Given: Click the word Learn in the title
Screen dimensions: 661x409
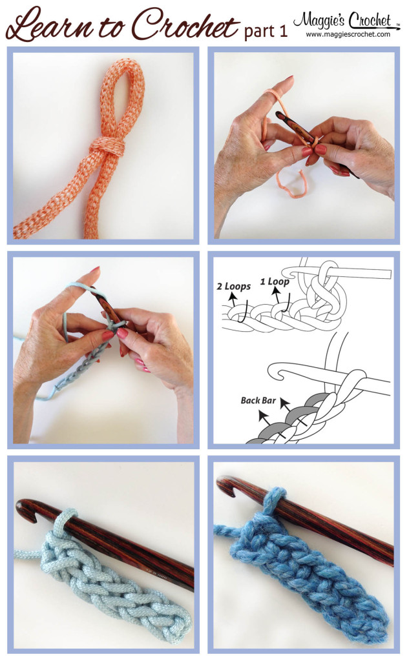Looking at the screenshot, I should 48,26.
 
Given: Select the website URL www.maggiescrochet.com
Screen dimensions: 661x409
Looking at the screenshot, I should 348,34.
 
